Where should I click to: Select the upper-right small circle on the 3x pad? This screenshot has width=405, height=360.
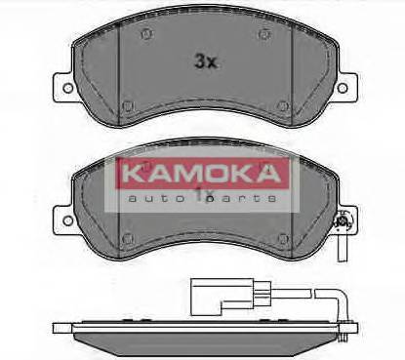pyautogui.click(x=263, y=35)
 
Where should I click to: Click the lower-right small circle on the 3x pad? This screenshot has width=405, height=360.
pyautogui.click(x=282, y=105)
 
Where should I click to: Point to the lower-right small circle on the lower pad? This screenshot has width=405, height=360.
pyautogui.click(x=282, y=237)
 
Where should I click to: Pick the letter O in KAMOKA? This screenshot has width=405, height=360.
pyautogui.click(x=208, y=176)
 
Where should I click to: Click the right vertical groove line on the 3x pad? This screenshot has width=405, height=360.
pyautogui.click(x=295, y=73)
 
